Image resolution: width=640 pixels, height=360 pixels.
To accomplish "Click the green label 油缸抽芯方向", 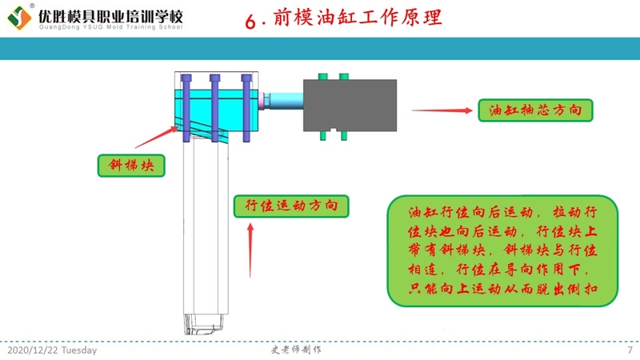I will coord(535,110).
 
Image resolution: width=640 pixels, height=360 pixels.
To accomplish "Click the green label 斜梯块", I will coord(132,166).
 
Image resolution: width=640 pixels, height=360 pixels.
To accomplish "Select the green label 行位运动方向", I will coord(290,206).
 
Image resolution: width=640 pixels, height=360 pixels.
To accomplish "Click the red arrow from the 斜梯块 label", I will coord(156,136).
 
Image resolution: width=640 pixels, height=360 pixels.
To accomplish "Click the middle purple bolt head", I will coord(215,78).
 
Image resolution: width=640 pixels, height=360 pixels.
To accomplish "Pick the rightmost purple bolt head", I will coord(246,78).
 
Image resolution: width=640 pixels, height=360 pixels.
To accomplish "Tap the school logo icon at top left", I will coord(17,19).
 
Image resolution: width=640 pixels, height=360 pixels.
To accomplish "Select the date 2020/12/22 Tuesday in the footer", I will coord(52,350).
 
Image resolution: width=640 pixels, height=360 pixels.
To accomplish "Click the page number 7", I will coord(630,350).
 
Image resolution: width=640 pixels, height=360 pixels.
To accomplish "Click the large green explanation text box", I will coord(503,251).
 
